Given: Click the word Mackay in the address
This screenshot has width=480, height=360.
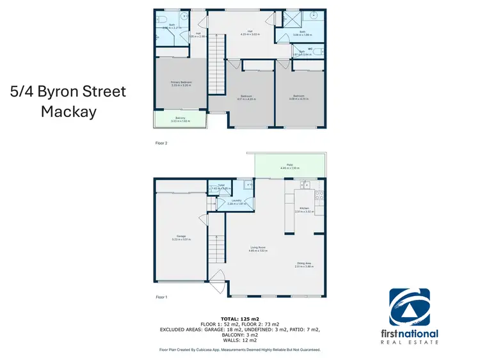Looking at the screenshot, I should [x=68, y=111].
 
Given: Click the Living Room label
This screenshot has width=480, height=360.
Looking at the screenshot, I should [x=257, y=247].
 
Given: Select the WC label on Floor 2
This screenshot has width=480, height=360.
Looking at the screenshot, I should [x=310, y=48].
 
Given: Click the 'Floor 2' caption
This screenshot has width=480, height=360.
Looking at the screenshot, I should [x=161, y=143].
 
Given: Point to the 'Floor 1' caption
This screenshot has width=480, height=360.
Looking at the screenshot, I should [x=161, y=297].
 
